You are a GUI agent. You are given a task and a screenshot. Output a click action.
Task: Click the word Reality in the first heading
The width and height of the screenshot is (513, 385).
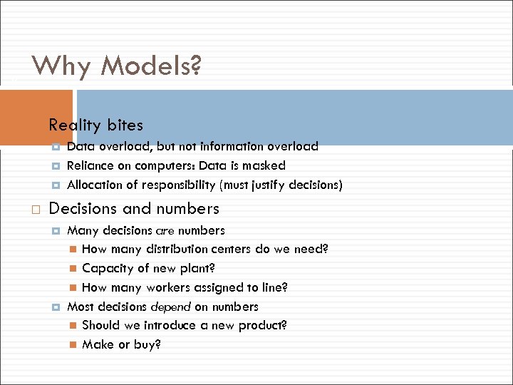click(75, 125)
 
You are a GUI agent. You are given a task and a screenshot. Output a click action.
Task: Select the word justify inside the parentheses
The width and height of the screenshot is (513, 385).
click(271, 185)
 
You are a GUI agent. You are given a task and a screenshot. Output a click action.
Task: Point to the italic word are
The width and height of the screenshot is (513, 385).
click(165, 230)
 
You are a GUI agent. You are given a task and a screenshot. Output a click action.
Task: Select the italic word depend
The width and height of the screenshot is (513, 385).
click(170, 307)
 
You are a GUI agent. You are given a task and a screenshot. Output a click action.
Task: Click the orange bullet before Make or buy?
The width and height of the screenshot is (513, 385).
click(73, 345)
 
